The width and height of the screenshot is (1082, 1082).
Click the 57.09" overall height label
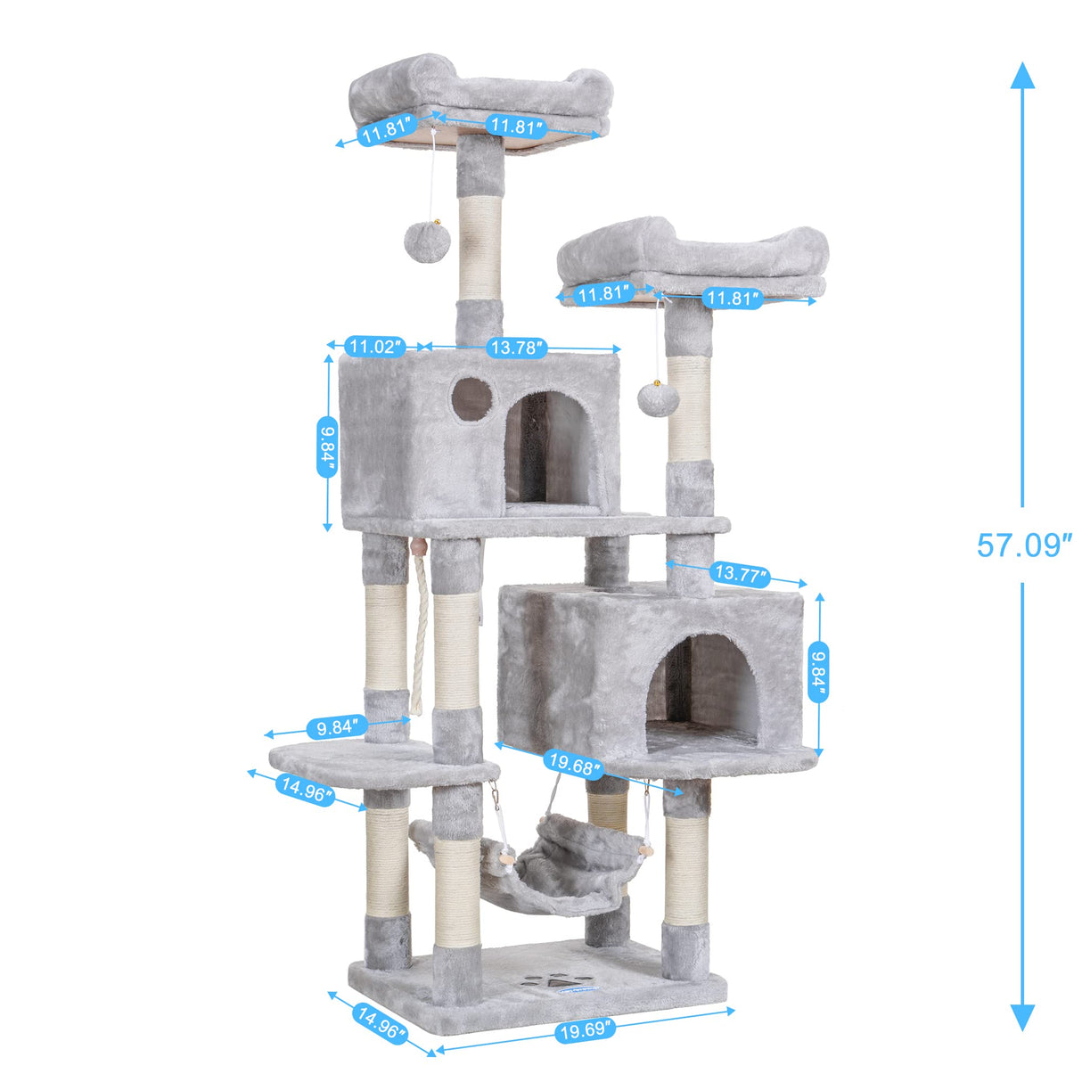coord(1023,545)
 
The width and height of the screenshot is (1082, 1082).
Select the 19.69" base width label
coord(586,1030)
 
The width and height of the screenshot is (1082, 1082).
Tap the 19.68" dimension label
coord(575,764)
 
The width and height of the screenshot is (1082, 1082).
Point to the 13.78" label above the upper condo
coord(515,348)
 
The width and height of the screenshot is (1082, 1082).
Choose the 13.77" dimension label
coord(740,574)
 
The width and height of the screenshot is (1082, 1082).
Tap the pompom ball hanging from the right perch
coord(658,400)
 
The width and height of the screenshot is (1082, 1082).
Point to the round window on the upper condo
coord(471,398)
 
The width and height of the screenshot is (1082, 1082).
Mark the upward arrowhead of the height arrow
coord(1022,75)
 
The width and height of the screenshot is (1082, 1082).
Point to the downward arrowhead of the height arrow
coord(1022,1016)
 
